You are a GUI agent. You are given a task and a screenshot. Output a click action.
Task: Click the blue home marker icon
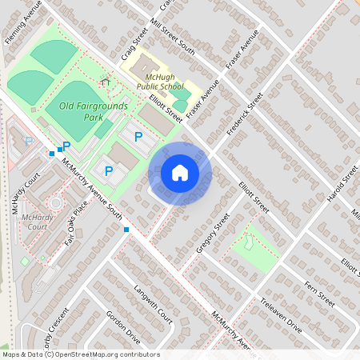(180, 173)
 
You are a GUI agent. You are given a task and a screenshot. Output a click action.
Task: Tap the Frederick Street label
(245, 116)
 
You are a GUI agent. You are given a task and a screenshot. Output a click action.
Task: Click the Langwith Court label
(154, 303)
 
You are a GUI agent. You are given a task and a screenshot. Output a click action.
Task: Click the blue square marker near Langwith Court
(126, 230)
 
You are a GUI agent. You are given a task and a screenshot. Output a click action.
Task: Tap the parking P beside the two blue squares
(67, 146)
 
